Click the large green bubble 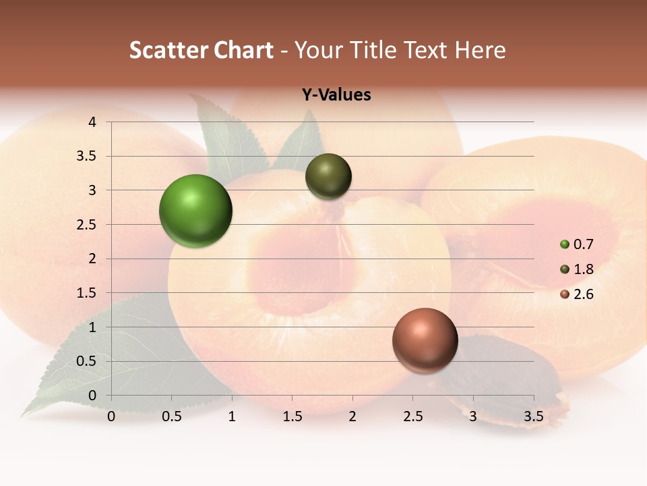pyautogui.click(x=195, y=211)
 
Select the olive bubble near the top pyautogui.click(x=328, y=176)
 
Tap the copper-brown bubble pyautogui.click(x=425, y=340)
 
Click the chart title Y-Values pyautogui.click(x=336, y=95)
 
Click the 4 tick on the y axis pyautogui.click(x=92, y=122)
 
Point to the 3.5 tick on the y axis pyautogui.click(x=88, y=157)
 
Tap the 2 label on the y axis pyautogui.click(x=92, y=259)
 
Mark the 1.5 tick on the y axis pyautogui.click(x=88, y=293)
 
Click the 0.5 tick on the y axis pyautogui.click(x=88, y=361)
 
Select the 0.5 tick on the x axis pyautogui.click(x=172, y=416)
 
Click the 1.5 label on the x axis pyautogui.click(x=292, y=416)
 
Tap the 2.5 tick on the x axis pyautogui.click(x=412, y=416)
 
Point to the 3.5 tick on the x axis pyautogui.click(x=533, y=416)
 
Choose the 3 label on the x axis pyautogui.click(x=473, y=416)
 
